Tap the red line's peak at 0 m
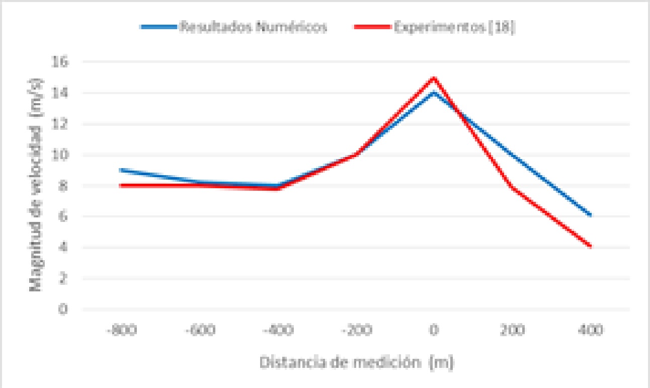(433, 77)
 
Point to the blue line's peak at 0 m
(433, 93)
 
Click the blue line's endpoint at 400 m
(591, 215)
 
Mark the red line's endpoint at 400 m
(591, 247)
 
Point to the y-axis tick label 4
(63, 248)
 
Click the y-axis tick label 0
(63, 309)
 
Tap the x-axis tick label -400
(277, 331)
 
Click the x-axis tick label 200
(512, 331)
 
